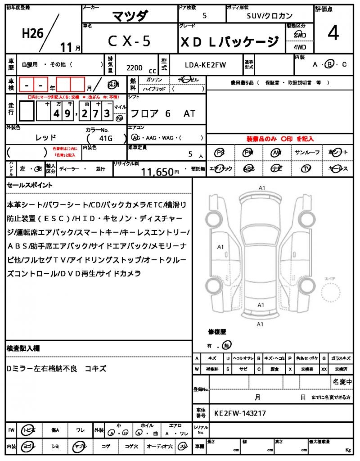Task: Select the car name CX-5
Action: click(129, 41)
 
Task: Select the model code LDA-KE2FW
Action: click(206, 65)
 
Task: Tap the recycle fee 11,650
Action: click(157, 172)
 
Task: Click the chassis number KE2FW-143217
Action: click(240, 412)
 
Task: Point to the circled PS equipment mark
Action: click(220, 153)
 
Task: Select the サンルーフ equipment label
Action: click(307, 153)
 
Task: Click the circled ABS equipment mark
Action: click(249, 168)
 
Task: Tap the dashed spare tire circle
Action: click(334, 295)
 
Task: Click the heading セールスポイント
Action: click(30, 185)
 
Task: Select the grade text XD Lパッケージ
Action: click(229, 42)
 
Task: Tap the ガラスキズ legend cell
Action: click(340, 358)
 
